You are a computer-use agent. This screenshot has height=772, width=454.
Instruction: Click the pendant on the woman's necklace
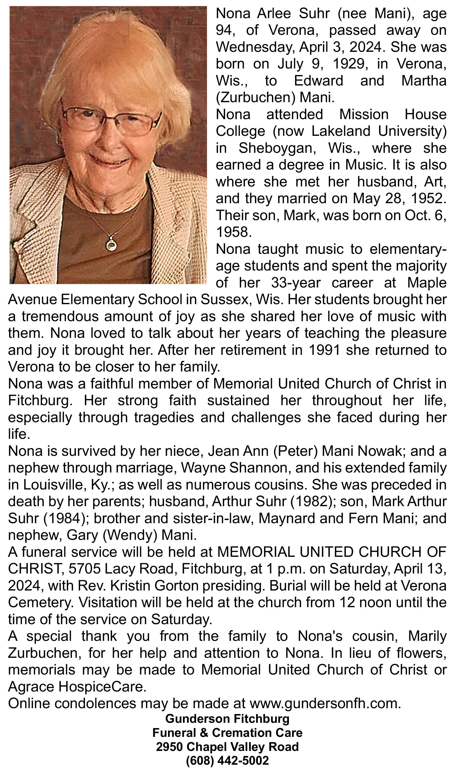111,245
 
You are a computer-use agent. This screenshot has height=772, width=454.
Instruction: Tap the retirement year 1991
324,350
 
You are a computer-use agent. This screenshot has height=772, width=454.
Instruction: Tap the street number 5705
85,569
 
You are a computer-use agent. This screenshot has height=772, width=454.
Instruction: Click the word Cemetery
41,603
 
